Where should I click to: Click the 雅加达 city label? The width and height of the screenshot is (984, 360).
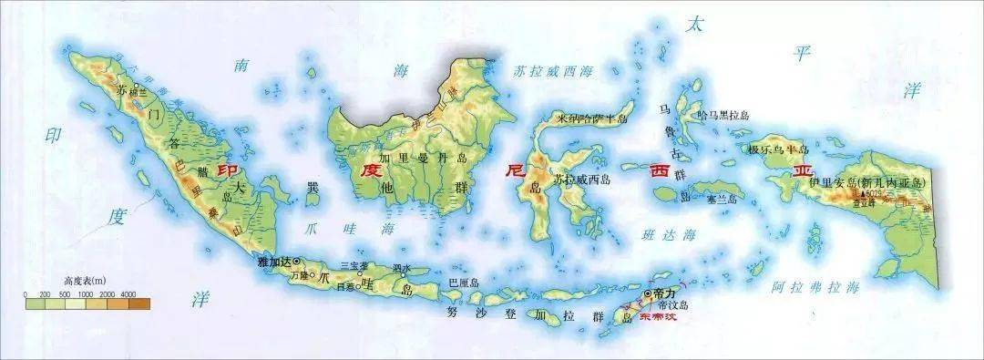[275, 262]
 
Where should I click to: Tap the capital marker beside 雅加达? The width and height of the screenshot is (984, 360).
[296, 262]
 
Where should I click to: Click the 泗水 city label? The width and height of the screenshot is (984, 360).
[402, 267]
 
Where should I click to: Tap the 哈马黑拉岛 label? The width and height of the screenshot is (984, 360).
[721, 115]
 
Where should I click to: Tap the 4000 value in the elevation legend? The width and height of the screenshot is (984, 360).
[128, 294]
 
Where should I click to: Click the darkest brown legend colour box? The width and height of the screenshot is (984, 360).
[138, 305]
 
